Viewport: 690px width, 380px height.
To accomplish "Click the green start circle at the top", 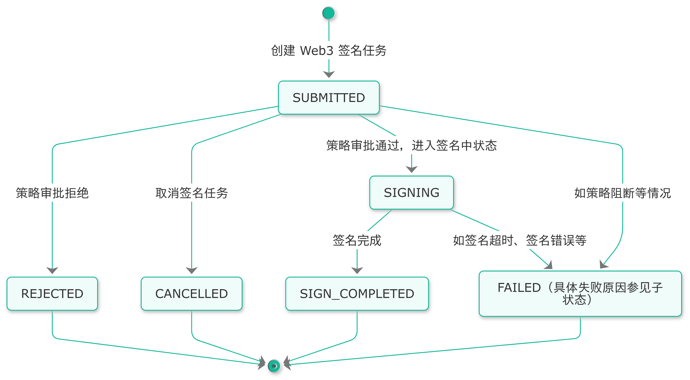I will tap(329, 13).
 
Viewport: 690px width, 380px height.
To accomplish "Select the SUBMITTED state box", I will tap(329, 98).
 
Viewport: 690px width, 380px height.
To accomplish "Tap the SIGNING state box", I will tap(411, 193).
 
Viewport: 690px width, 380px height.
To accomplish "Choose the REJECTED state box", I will tap(52, 293).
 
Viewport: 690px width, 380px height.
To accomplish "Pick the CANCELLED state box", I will tap(192, 293).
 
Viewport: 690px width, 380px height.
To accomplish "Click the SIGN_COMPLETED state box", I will tap(357, 293).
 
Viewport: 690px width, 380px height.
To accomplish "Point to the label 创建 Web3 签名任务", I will tap(329, 50).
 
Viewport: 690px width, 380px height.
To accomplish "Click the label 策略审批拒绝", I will tap(52, 193).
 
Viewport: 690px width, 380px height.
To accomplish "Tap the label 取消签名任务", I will tap(192, 193).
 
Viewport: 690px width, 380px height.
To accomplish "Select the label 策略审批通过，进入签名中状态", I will tap(411, 145).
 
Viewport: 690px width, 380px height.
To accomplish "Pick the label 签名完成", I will tap(357, 240).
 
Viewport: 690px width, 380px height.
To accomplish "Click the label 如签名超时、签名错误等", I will tap(520, 240).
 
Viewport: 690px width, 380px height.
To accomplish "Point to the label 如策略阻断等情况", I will tap(622, 193).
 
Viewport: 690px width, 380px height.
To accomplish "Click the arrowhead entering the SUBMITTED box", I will tap(329, 74).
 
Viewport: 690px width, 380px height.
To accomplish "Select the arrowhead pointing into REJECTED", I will tap(52, 270).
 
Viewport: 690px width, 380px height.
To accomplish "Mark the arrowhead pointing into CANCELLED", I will tap(192, 270).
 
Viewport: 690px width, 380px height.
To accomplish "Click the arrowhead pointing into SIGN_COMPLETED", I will tap(357, 270).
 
